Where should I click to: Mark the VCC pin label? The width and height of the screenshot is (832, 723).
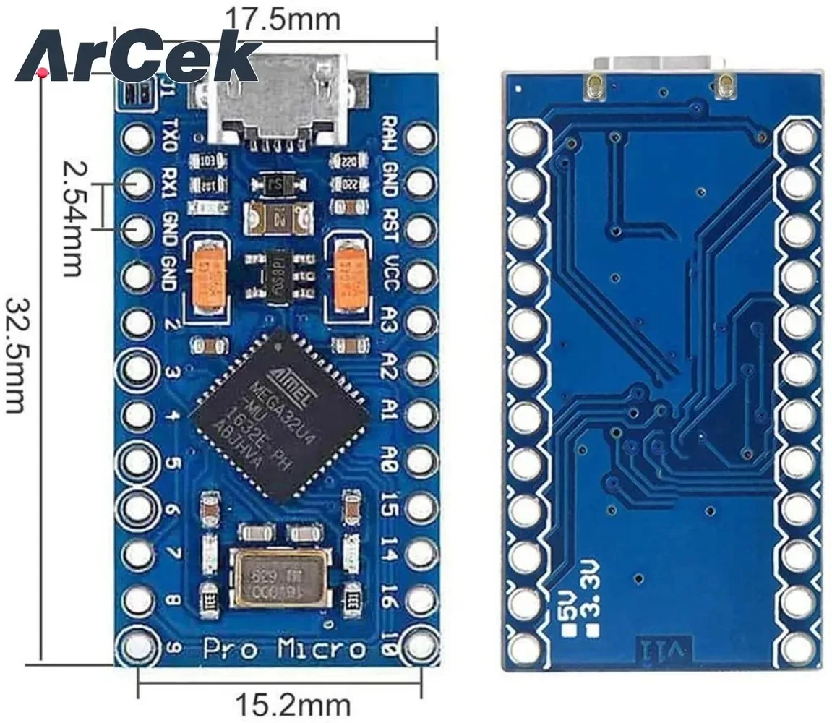click(x=391, y=273)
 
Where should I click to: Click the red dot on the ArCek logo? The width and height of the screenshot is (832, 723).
click(x=43, y=72)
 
